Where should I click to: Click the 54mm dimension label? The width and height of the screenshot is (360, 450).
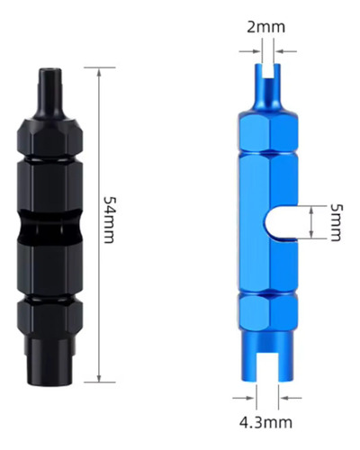[109, 220]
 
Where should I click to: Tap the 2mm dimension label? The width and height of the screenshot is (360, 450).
[265, 27]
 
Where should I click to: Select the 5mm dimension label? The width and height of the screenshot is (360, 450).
[336, 222]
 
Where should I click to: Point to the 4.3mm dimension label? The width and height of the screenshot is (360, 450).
[265, 423]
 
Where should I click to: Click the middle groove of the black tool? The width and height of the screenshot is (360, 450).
[49, 228]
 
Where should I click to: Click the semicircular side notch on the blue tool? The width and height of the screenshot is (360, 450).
[281, 222]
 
